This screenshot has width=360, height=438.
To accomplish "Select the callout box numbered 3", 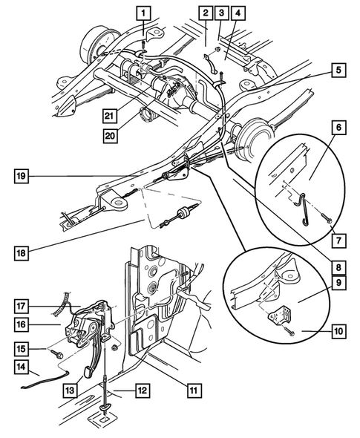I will pos(221,12).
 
